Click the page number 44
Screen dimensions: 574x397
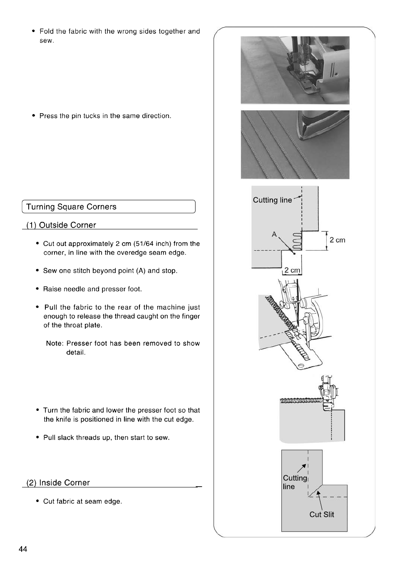23,549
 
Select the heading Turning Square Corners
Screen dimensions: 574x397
71,207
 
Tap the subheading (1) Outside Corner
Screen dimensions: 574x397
61,225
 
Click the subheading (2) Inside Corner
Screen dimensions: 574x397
58,483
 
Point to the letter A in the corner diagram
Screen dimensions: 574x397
274,234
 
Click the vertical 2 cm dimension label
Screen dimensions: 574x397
337,240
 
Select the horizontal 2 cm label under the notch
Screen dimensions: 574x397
292,270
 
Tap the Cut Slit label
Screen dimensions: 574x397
322,514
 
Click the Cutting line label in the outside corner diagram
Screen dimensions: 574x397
273,200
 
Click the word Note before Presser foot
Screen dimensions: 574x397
54,343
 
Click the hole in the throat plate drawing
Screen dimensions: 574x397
301,365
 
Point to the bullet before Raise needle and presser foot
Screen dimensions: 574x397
38,289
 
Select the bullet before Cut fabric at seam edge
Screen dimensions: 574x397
38,501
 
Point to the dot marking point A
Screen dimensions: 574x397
295,253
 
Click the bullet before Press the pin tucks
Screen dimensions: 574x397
34,116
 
